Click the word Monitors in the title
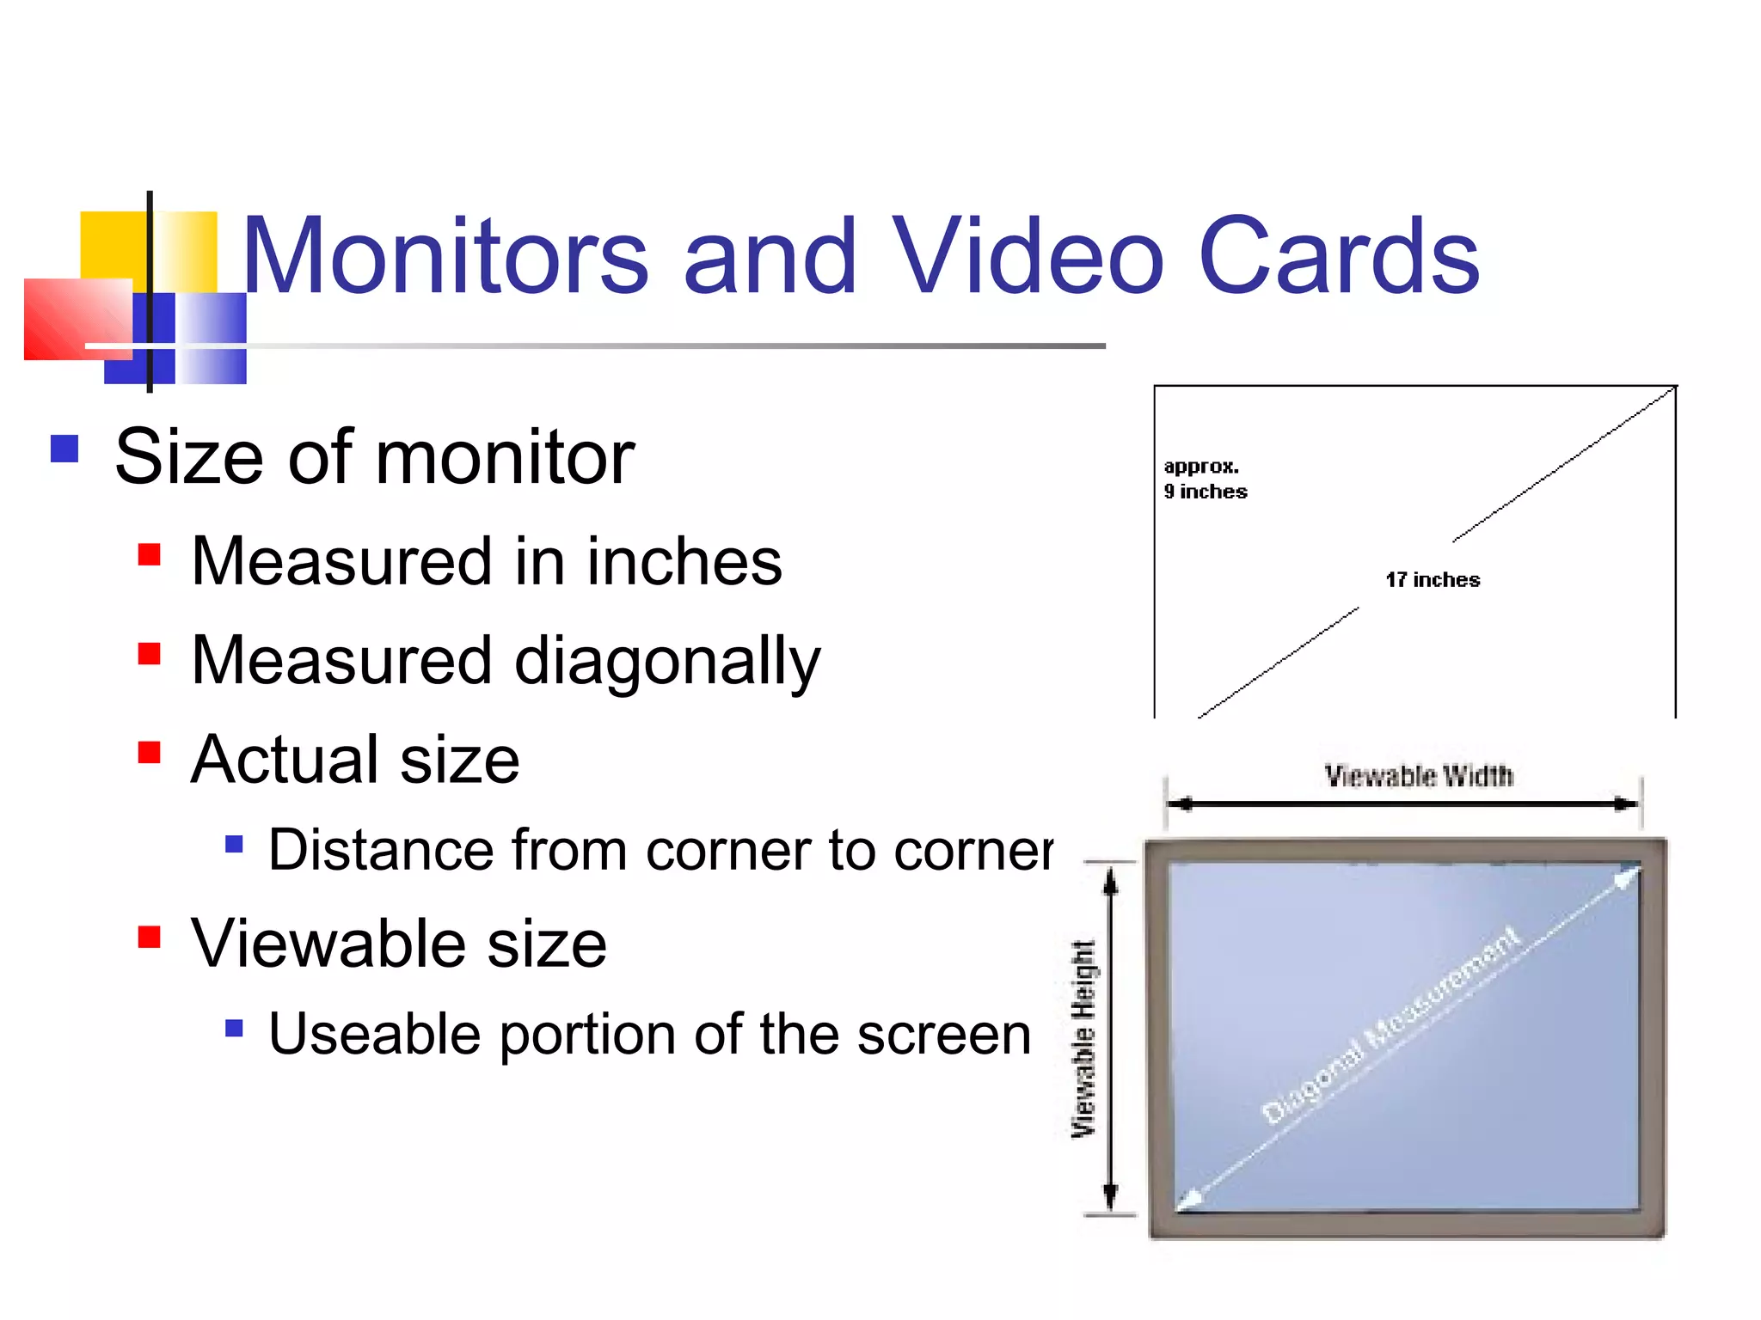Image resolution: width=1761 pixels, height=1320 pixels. [445, 256]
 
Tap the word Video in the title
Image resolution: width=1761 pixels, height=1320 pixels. [1027, 256]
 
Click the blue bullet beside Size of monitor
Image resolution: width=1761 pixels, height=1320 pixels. [64, 449]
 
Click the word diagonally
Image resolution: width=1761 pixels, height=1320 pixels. [667, 662]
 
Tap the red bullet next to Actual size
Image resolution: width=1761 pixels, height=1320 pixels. [149, 753]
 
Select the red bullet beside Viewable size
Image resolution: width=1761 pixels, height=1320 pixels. [149, 936]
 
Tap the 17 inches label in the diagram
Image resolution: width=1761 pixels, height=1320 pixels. [1433, 580]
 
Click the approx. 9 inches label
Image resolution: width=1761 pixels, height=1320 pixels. [1205, 479]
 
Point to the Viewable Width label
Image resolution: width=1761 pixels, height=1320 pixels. [1418, 776]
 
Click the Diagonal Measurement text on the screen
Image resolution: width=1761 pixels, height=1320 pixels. [1391, 1026]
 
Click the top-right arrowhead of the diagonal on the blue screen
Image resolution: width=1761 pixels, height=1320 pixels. [1629, 877]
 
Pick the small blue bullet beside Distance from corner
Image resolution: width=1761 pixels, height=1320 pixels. [234, 844]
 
